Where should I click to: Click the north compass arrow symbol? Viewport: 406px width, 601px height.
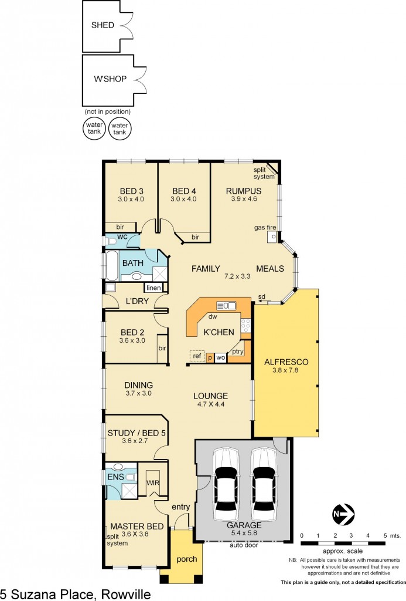(x=343, y=514)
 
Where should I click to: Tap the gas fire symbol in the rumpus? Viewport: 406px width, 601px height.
(x=272, y=237)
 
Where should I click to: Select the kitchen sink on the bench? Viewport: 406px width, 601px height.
(x=226, y=305)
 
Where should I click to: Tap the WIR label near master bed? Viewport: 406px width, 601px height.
(x=152, y=482)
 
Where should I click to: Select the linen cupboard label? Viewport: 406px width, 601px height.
(x=153, y=288)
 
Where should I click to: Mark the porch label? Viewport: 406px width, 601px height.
(x=187, y=559)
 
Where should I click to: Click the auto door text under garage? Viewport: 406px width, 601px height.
(x=243, y=545)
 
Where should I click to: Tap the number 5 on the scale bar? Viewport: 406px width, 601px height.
(x=385, y=535)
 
